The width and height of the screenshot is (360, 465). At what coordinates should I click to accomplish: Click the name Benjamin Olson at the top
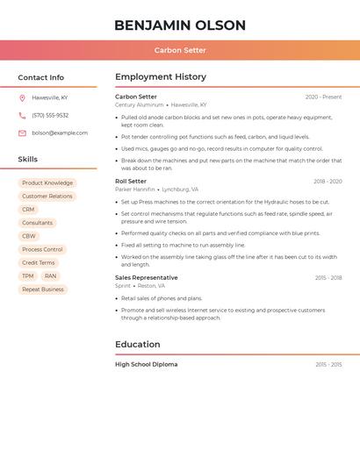(x=180, y=25)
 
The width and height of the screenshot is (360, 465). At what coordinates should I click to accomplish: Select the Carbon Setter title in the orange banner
(x=180, y=50)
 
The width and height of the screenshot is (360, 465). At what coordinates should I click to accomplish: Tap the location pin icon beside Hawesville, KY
(x=22, y=97)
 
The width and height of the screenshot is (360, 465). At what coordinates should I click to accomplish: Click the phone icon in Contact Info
(x=22, y=115)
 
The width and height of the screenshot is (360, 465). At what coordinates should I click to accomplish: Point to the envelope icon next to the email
(x=22, y=133)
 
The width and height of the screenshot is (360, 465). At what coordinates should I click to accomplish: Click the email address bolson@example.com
(x=60, y=133)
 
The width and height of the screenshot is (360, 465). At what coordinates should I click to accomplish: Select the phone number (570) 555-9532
(x=50, y=115)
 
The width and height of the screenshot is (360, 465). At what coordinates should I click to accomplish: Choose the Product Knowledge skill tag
(x=47, y=183)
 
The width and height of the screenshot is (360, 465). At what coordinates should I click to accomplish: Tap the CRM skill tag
(x=28, y=210)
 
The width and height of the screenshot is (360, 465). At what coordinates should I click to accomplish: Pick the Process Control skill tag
(x=42, y=249)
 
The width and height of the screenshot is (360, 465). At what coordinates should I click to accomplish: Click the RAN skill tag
(x=51, y=275)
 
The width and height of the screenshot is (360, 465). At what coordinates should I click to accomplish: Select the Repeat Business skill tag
(x=43, y=289)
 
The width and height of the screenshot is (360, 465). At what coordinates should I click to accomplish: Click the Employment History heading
(x=161, y=77)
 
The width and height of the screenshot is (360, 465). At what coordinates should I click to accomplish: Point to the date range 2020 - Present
(x=323, y=97)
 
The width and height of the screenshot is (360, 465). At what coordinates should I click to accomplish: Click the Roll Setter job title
(x=131, y=181)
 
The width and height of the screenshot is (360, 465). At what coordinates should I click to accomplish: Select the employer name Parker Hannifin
(x=134, y=190)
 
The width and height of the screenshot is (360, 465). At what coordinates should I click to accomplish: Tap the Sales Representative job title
(x=146, y=277)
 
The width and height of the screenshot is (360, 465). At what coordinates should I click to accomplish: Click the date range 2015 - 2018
(x=328, y=278)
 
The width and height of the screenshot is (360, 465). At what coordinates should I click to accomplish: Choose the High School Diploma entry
(x=146, y=364)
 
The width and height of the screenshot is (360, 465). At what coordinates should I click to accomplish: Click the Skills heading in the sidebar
(x=28, y=160)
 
